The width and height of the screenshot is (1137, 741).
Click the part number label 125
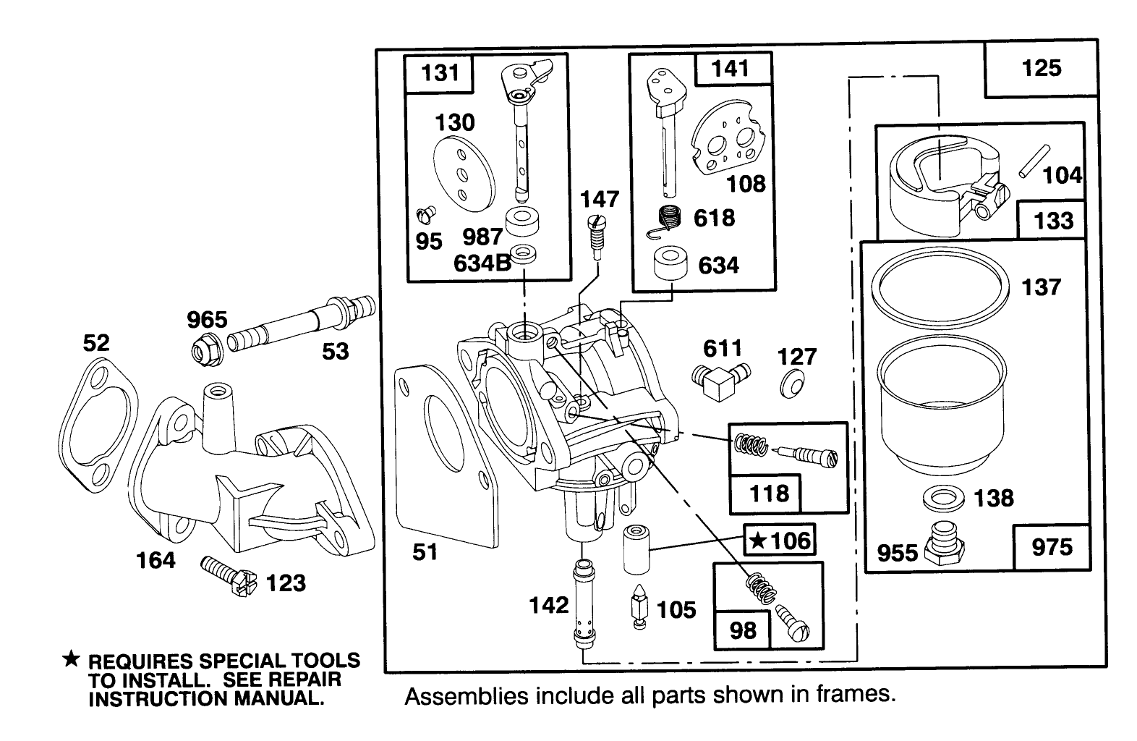point(1041,69)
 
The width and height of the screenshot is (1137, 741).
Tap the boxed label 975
point(1051,546)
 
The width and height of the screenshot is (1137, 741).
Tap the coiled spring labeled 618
point(670,219)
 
